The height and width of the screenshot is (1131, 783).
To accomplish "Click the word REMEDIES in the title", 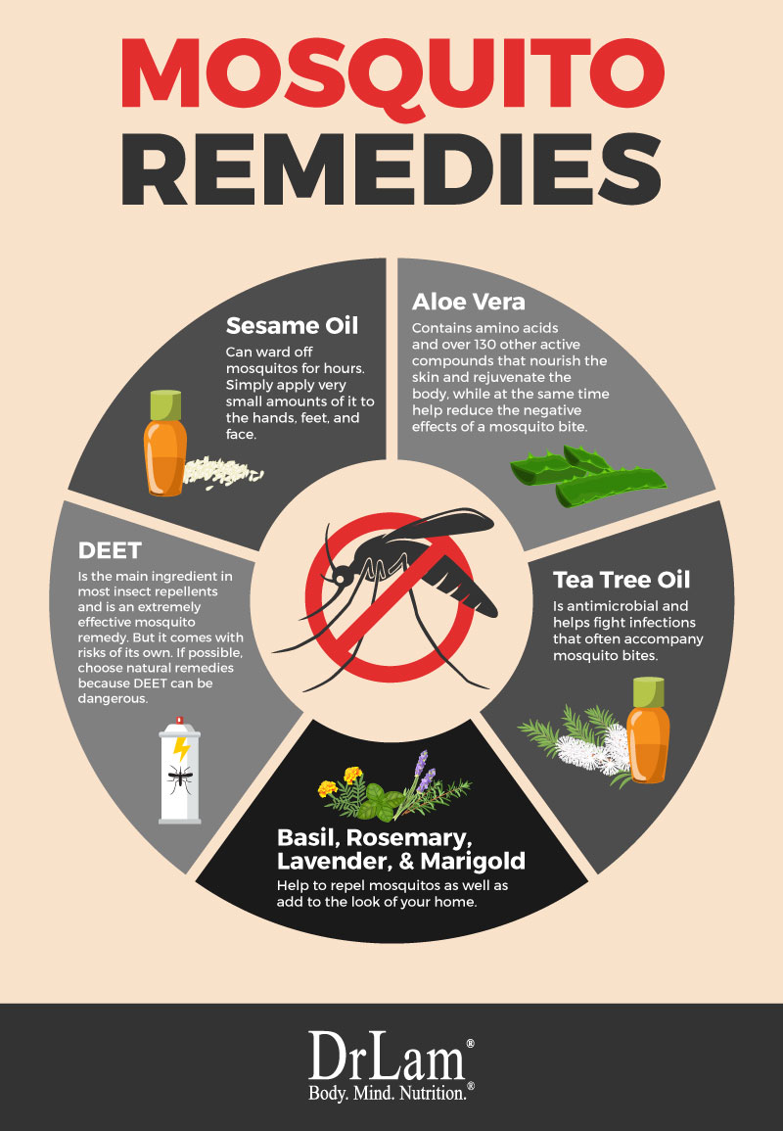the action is tap(391, 169).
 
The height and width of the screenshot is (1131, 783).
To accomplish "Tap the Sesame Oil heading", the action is tap(292, 326).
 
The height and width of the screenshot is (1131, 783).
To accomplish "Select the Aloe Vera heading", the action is tap(469, 302).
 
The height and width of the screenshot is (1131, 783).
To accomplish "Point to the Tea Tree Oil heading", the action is tap(622, 580).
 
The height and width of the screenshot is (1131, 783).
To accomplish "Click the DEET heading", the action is tap(110, 550).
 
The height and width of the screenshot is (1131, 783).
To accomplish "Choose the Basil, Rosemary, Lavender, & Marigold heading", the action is tap(401, 849).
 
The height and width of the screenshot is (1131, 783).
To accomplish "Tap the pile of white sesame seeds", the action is tap(222, 472).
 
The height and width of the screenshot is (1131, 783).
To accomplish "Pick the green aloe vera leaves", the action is tap(588, 474).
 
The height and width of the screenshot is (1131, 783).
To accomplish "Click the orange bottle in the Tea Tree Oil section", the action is tap(648, 730).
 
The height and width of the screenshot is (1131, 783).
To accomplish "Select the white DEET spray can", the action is tap(180, 770).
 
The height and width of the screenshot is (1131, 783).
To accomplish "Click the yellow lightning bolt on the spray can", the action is tap(181, 748).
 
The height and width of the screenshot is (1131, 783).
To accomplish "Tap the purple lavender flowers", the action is tap(424, 772).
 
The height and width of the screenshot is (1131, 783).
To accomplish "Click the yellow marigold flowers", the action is tap(341, 781).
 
